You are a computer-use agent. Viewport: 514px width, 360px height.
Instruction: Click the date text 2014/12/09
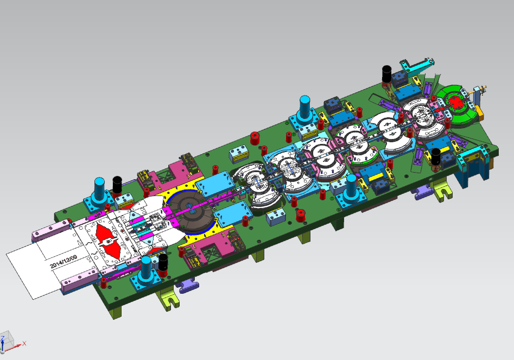pyautogui.click(x=64, y=261)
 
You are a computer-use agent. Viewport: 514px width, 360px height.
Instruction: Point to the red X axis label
pyautogui.click(x=24, y=343)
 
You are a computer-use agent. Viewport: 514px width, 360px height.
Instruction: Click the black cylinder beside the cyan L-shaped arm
pyautogui.click(x=387, y=75)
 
